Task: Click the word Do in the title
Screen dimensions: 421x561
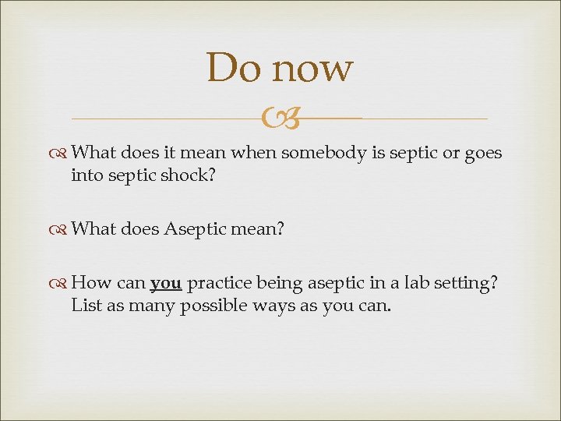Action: coord(231,68)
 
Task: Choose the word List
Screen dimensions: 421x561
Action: coord(86,306)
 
